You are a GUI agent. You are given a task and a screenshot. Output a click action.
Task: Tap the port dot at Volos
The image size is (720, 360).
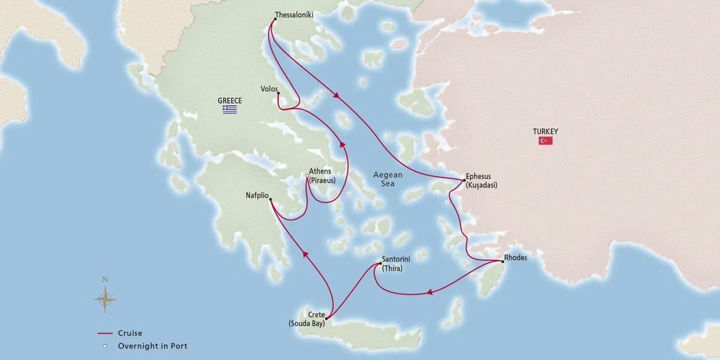(x=278, y=92)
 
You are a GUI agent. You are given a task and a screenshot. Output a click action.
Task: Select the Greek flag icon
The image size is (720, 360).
(x=229, y=109)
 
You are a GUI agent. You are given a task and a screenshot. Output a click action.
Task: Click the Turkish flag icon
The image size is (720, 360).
(x=545, y=140)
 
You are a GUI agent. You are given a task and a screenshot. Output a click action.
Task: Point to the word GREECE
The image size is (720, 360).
(x=229, y=100)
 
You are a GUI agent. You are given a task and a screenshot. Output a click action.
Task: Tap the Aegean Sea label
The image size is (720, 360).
(x=388, y=179)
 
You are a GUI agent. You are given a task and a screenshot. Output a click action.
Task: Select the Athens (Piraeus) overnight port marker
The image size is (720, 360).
(x=307, y=176)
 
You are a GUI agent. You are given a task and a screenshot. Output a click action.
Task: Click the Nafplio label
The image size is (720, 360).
(x=257, y=195)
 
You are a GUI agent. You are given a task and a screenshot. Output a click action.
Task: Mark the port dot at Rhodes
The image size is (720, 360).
(x=502, y=261)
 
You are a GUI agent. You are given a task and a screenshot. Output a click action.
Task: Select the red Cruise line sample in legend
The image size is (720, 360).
(x=105, y=333)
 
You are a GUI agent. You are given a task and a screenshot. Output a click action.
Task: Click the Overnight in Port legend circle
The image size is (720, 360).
(x=105, y=346)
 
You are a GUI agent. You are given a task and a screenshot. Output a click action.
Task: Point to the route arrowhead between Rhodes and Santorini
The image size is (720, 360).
(x=430, y=293)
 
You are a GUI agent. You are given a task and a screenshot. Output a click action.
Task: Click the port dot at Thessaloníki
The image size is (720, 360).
(x=274, y=19)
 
